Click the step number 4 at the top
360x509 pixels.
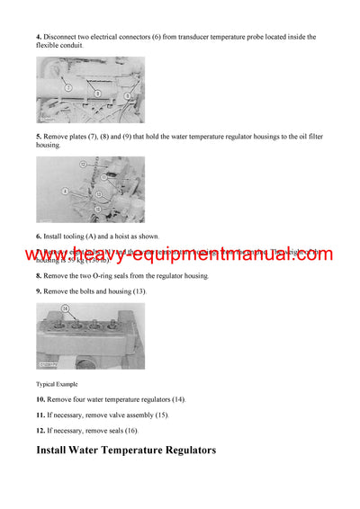[x=39, y=37]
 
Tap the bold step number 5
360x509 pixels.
[x=39, y=136]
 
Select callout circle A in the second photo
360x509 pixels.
[x=65, y=191]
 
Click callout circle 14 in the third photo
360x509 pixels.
[x=65, y=309]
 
